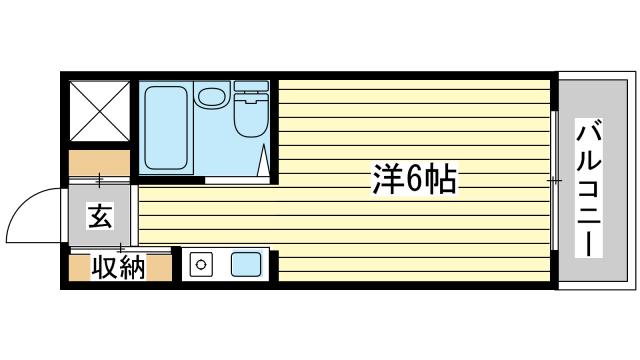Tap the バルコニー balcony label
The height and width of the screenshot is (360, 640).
(x=589, y=188)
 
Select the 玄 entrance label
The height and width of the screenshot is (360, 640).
(x=100, y=217)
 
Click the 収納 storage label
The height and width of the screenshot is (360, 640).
(x=118, y=268)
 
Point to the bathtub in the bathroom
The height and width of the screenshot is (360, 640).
(x=166, y=128)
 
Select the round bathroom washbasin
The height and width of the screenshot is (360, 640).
(x=211, y=97)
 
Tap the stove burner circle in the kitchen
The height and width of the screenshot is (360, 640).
(x=200, y=264)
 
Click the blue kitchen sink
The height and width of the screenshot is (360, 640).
(x=246, y=264)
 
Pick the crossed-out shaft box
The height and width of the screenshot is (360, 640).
(x=99, y=111)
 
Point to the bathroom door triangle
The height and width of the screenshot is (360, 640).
(x=264, y=160)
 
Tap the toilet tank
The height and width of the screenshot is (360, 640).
(x=251, y=86)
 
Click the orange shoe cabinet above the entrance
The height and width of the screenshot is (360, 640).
(x=99, y=163)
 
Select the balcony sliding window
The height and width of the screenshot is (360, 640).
(x=554, y=180)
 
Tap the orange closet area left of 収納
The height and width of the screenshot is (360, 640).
(x=80, y=268)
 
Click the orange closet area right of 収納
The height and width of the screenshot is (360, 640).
(x=159, y=268)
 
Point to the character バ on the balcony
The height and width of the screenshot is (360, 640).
(x=589, y=132)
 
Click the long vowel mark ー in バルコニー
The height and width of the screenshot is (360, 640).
(x=589, y=243)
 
